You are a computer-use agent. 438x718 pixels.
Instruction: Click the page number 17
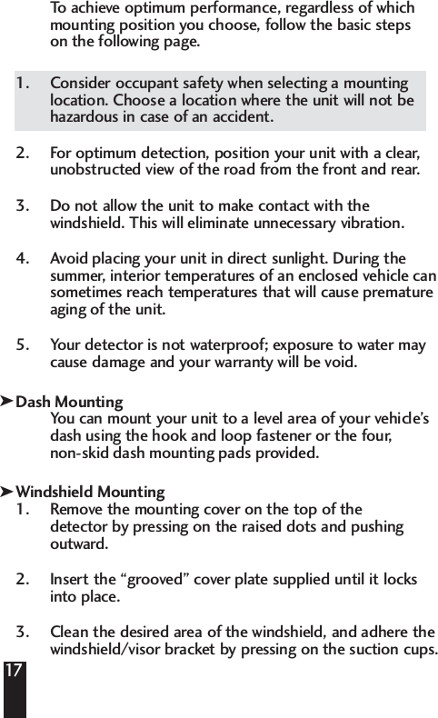point(14,672)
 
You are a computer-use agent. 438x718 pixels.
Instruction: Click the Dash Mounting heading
point(70,402)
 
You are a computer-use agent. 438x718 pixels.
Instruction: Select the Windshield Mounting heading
point(91,493)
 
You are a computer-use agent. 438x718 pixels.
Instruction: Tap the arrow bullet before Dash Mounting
point(7,401)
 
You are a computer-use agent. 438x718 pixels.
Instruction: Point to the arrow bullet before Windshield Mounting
point(7,492)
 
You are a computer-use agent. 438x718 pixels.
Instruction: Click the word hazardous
point(85,117)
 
